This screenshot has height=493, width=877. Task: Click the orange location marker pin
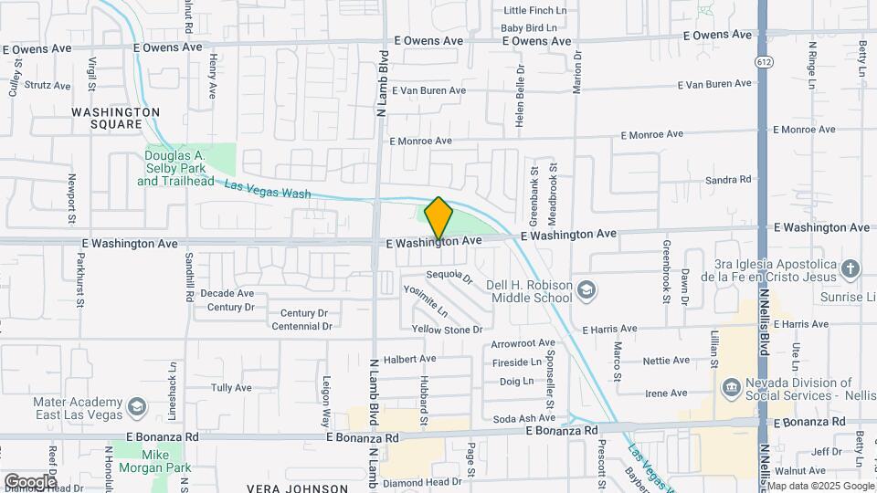click(438, 218)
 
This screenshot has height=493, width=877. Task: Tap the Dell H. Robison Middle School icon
click(586, 290)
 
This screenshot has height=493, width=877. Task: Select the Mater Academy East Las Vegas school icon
click(137, 405)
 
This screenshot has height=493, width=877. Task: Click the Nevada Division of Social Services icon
click(731, 389)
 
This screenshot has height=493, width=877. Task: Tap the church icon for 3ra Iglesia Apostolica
click(851, 268)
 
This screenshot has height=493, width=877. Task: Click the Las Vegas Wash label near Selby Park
click(267, 189)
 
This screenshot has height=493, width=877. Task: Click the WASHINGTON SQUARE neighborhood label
click(115, 118)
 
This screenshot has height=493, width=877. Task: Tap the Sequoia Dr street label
click(449, 276)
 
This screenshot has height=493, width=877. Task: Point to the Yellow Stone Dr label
click(447, 329)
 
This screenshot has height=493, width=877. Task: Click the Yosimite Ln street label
click(426, 301)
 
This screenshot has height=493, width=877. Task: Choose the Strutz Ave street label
click(47, 86)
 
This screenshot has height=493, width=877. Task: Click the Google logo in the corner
click(30, 481)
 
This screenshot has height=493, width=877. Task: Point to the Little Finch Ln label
click(534, 10)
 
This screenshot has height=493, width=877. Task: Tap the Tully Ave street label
click(231, 388)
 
